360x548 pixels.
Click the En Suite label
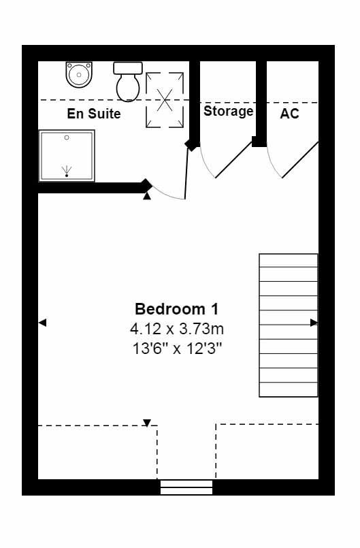point(94,114)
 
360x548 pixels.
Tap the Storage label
point(229,111)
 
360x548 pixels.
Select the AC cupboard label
point(289,114)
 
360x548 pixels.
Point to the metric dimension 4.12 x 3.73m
point(177,329)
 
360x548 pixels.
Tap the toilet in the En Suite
point(128,81)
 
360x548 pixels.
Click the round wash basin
point(78,74)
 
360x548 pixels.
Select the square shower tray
point(67,156)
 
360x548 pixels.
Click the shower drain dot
point(67,176)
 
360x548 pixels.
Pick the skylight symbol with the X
point(165,99)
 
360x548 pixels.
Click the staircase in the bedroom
point(288,325)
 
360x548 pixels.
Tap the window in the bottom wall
point(186,487)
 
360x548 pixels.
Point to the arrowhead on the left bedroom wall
point(42,323)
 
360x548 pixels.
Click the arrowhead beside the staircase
point(314,323)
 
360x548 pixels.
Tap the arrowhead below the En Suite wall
point(147,197)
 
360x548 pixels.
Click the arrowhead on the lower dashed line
point(147,423)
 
